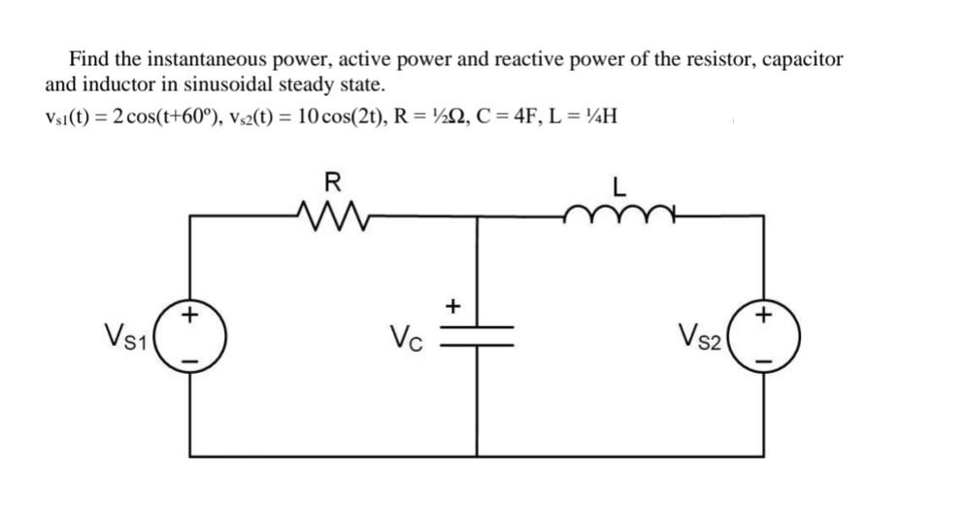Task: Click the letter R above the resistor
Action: pos(331,182)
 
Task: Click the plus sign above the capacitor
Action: pos(452,307)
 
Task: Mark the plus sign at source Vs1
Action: pos(191,315)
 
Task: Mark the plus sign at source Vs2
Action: pos(767,315)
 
